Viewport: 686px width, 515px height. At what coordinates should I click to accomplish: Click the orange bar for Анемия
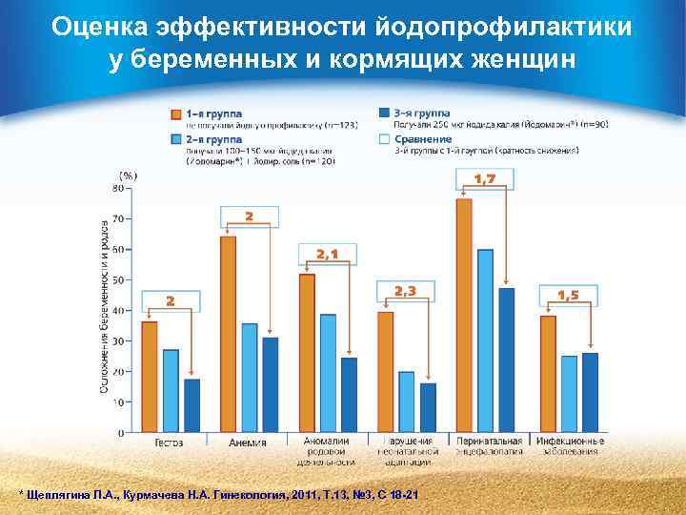click(228, 334)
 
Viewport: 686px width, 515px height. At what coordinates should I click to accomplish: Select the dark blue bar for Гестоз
click(192, 405)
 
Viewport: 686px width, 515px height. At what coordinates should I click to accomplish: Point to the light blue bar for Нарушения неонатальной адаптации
click(406, 402)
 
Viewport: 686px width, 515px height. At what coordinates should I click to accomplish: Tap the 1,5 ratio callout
click(569, 296)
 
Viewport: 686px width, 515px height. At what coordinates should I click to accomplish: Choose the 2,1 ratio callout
click(327, 253)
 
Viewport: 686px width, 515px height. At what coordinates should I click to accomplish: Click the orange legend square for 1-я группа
click(176, 113)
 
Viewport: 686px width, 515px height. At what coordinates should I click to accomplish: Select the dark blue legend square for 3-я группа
click(384, 113)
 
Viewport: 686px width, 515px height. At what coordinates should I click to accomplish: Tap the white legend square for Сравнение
click(384, 139)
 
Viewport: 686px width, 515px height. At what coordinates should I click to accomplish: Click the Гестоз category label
click(170, 443)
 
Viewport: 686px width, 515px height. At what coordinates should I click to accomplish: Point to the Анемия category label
click(249, 443)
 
